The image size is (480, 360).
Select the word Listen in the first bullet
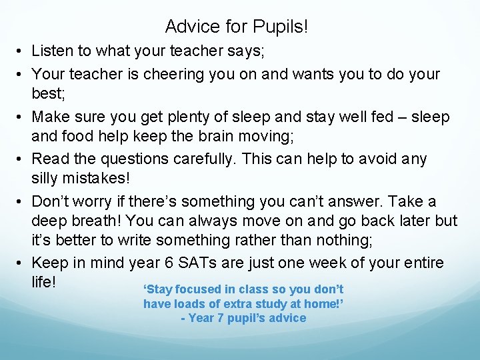click(53, 50)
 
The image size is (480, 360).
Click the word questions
click(142, 159)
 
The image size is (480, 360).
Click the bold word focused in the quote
click(205, 289)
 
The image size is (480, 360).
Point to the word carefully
click(227, 159)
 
